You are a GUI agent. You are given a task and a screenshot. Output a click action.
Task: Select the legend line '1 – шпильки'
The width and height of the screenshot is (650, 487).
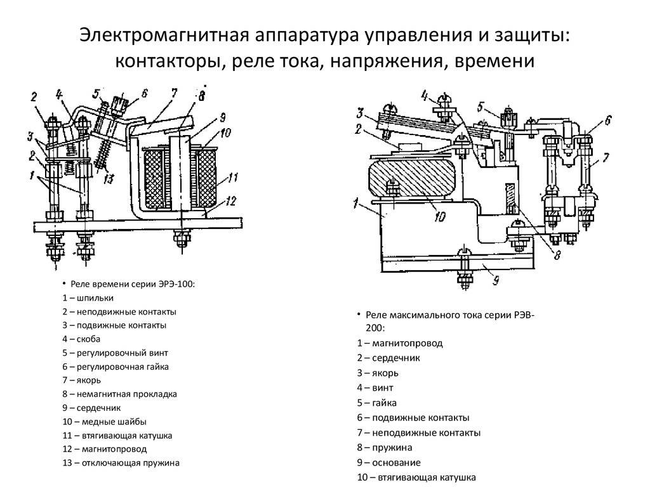pos(88,297)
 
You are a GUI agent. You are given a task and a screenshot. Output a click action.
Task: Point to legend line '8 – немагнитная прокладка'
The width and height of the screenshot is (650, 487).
pos(120,394)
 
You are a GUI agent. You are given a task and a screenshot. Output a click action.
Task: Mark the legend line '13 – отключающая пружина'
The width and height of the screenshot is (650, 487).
pos(121,463)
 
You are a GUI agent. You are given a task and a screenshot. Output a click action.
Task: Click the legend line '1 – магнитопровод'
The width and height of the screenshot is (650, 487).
pos(399,343)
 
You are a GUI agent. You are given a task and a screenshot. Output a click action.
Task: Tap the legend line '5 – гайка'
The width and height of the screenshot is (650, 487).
pos(378,403)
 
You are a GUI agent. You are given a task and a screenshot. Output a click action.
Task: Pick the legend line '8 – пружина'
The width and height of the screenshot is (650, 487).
pos(384,448)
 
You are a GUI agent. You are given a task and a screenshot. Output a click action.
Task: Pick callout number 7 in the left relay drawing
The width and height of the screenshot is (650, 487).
pos(173,94)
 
